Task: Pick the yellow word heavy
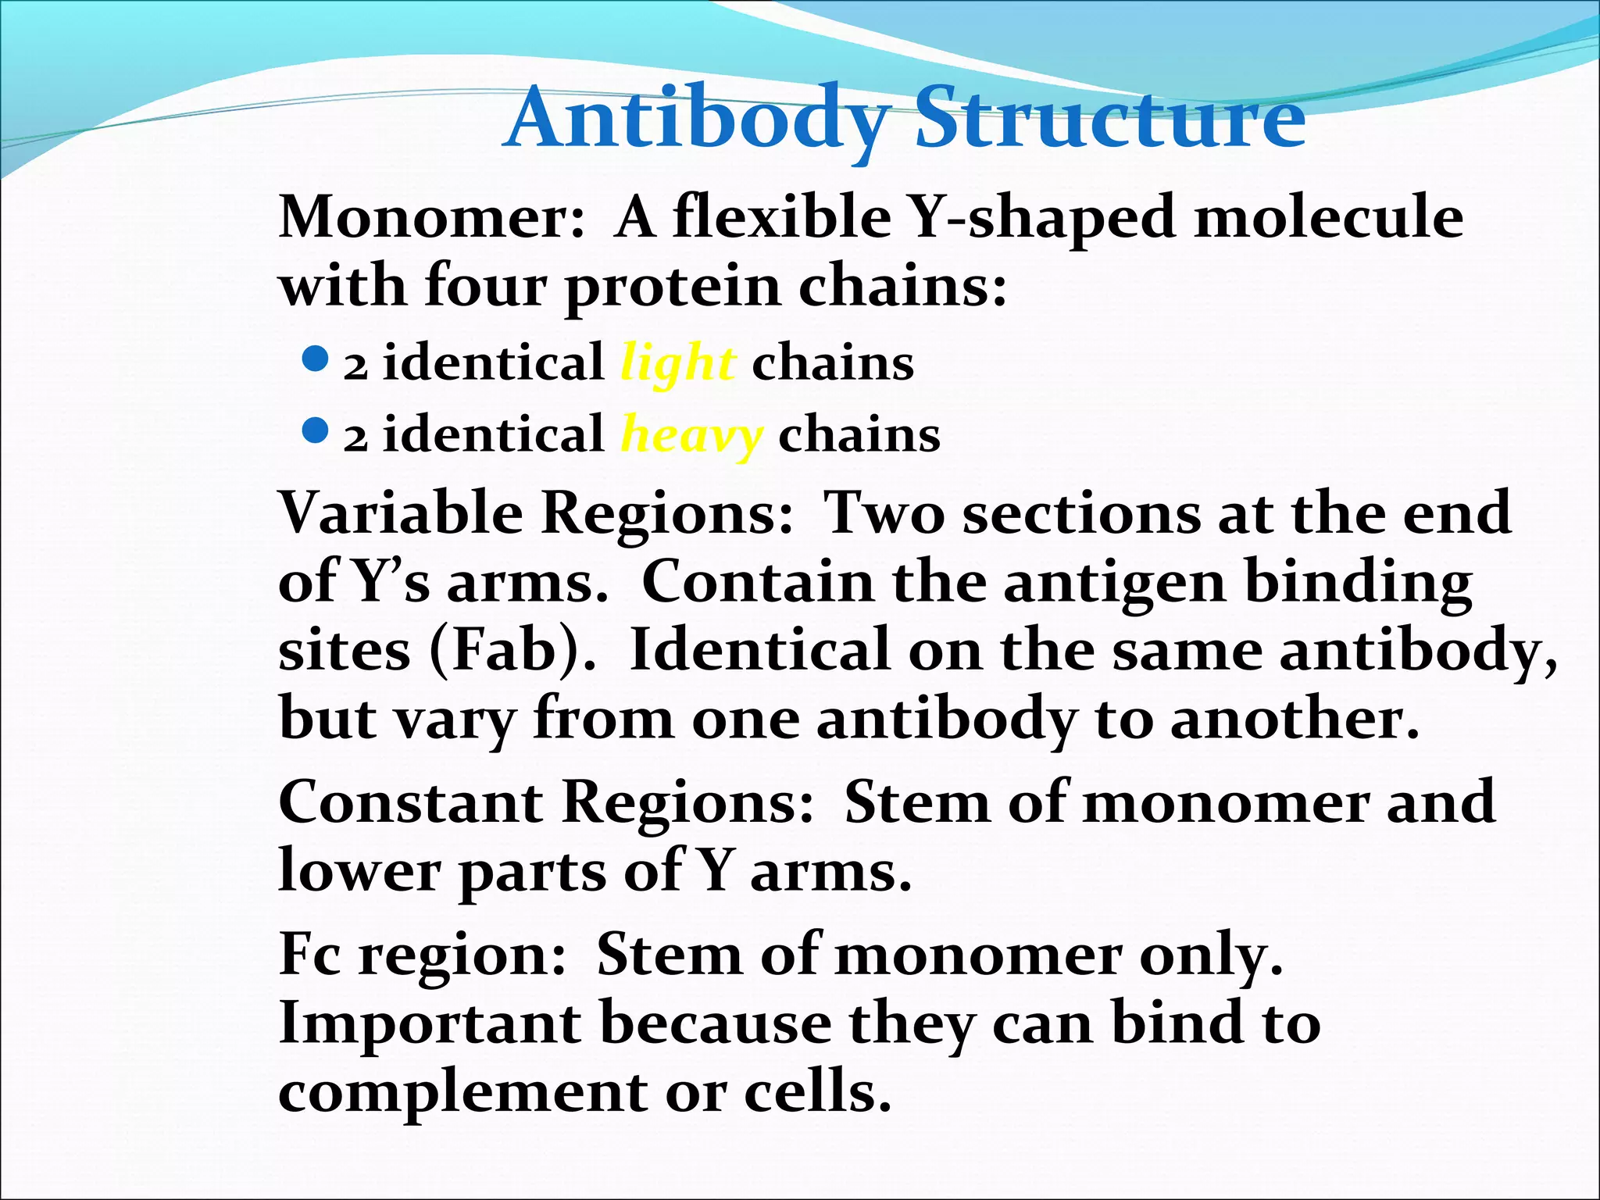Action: point(691,436)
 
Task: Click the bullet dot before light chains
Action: point(313,360)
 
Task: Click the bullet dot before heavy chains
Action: point(313,430)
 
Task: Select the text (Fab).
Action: point(512,650)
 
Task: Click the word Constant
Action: point(411,802)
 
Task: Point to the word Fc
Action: point(310,954)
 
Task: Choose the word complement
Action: point(462,1091)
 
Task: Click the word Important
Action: point(430,1023)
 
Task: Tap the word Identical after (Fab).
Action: point(759,650)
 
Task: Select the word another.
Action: point(1294,719)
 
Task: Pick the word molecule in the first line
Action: point(1329,217)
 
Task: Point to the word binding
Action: point(1359,583)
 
